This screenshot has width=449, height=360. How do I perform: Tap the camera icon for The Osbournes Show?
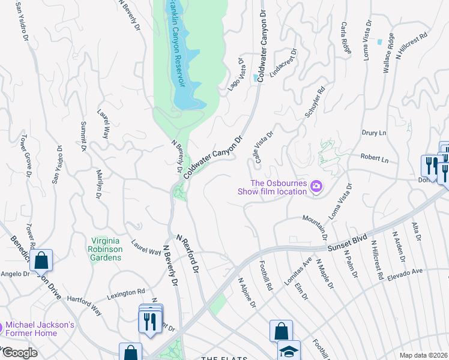point(316,187)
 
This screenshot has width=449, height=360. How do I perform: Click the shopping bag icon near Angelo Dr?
point(41,260)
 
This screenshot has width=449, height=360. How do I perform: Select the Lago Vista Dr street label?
point(235,75)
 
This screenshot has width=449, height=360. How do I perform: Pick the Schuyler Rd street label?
point(315,102)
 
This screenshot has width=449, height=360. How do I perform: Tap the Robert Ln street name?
point(375,159)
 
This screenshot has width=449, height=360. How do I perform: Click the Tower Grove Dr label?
point(25,152)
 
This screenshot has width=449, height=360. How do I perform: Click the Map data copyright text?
point(423,355)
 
